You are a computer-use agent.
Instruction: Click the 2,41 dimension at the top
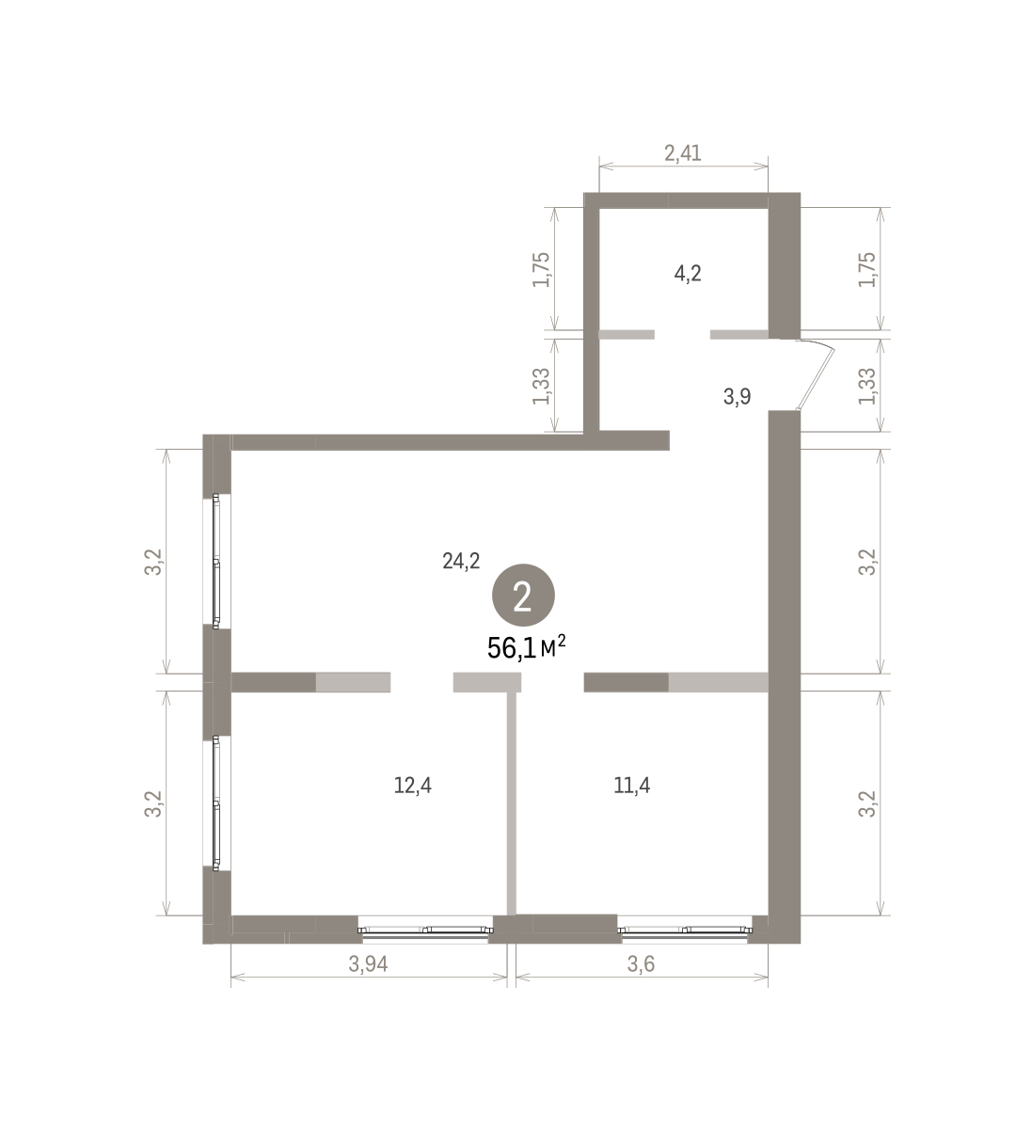[x=682, y=153]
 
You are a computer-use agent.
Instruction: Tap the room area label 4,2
[x=688, y=274]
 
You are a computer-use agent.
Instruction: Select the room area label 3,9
[x=737, y=397]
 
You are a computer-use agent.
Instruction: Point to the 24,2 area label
[x=461, y=561]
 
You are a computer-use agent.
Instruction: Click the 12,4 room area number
[x=413, y=785]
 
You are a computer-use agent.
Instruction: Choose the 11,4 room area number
[x=631, y=785]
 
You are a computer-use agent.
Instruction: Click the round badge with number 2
[x=524, y=596]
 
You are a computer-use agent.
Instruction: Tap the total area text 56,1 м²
[x=527, y=648]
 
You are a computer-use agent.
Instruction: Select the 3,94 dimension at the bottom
[x=368, y=964]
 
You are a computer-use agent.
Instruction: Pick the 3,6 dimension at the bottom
[x=642, y=964]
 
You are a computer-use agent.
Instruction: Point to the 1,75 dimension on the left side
[x=542, y=270]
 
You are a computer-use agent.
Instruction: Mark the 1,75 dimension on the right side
[x=867, y=270]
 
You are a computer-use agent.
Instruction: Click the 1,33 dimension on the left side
[x=542, y=386]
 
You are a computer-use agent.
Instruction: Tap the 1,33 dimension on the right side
[x=867, y=386]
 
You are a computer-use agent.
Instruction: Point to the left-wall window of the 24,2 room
[x=216, y=561]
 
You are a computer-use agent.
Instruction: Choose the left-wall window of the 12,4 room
[x=216, y=803]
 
